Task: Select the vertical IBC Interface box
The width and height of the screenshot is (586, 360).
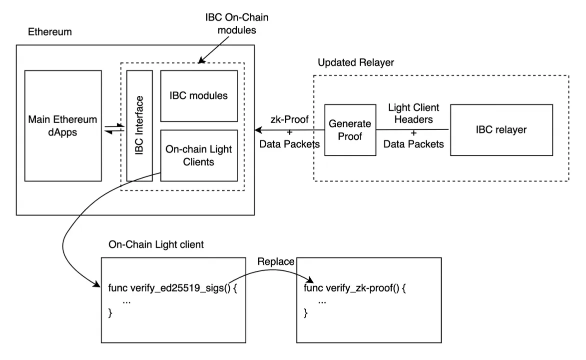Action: click(x=139, y=125)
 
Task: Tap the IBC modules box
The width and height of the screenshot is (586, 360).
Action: click(x=198, y=95)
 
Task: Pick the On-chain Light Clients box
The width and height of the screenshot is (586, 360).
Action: click(x=198, y=155)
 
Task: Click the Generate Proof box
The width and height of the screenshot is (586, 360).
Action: click(x=350, y=130)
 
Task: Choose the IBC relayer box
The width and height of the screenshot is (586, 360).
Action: click(x=502, y=130)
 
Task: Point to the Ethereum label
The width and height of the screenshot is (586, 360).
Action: click(x=50, y=32)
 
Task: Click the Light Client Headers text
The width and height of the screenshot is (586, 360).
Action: click(x=414, y=114)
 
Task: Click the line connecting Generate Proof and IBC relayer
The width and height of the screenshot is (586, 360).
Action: click(x=413, y=130)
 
